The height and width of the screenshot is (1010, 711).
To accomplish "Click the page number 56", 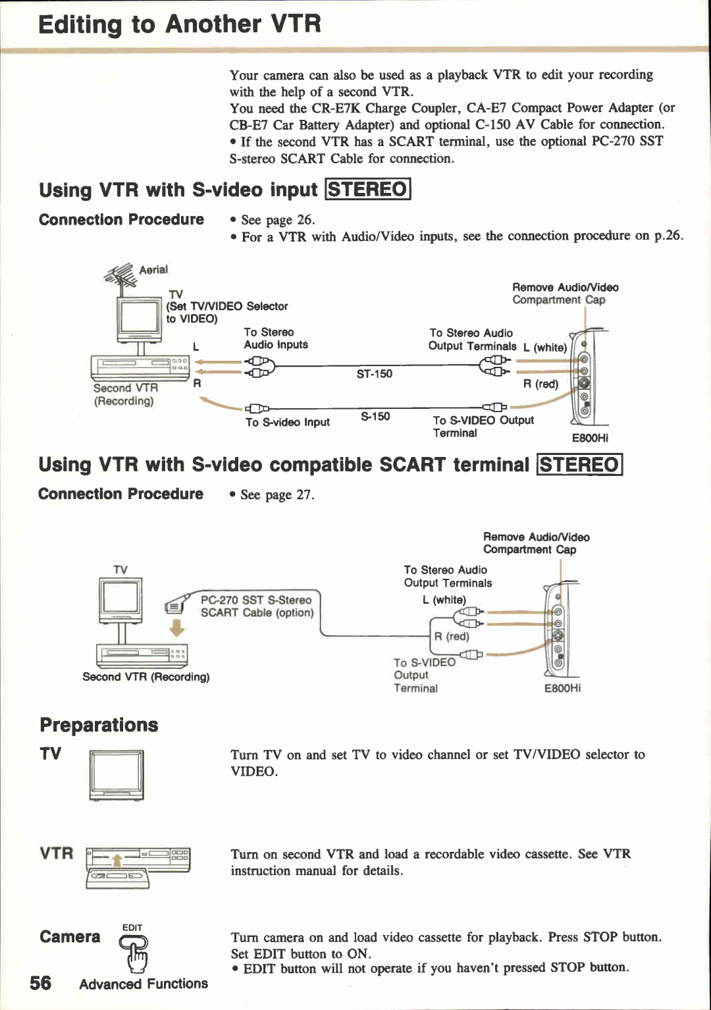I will coord(40,983).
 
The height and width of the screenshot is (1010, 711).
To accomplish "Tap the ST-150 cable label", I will coord(374,374).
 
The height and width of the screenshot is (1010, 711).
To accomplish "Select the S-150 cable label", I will coord(375,416).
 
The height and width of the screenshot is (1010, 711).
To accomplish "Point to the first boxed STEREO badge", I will coord(368,190).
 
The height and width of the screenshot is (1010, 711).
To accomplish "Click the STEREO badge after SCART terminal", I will coord(579,465).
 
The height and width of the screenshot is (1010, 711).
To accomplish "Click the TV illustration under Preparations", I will coord(117,775).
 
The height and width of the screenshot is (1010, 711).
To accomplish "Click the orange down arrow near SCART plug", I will coord(176,628).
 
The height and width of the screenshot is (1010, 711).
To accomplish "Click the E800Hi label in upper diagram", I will coord(590,438).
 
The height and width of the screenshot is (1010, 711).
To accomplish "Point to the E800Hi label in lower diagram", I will coord(562,688).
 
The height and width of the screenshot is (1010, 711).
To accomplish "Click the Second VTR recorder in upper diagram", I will coord(140,367).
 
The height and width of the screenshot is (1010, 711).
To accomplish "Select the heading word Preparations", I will coord(99,725).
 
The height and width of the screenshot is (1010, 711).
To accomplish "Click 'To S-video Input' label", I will coord(288,422).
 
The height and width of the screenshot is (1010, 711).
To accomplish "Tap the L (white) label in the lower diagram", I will coord(444,600).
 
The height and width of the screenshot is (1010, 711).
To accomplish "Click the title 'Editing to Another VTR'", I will coord(179,24).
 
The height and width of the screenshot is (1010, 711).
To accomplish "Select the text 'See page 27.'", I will coord(277,494).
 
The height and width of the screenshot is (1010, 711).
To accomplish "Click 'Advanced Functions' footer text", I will coord(144,984).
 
